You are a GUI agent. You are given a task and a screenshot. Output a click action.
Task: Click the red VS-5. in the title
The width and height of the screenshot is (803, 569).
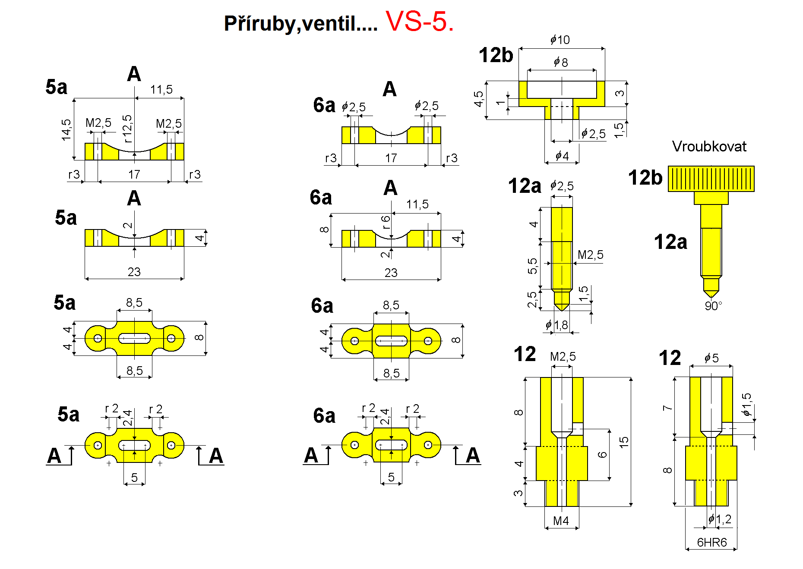[419, 21]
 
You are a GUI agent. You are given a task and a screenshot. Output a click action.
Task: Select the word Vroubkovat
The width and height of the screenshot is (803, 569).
[709, 146]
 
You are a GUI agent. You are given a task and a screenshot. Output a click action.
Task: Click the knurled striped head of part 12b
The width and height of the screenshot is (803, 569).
[711, 179]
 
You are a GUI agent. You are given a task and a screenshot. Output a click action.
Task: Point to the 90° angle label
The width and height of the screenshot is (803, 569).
[713, 306]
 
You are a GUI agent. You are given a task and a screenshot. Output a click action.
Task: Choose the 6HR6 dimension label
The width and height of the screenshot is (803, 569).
[711, 542]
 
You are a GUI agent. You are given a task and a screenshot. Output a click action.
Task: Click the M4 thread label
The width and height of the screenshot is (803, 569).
[561, 521]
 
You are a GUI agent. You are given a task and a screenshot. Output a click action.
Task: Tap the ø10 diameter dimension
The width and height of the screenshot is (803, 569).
[560, 40]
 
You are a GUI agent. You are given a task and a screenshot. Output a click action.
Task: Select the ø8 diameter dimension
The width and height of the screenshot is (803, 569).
[561, 62]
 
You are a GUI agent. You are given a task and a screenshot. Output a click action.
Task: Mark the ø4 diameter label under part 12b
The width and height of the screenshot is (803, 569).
[562, 155]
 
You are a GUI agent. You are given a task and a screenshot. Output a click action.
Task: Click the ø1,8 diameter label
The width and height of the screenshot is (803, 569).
[557, 325]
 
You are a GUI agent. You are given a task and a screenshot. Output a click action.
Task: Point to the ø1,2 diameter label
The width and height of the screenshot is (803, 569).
[720, 519]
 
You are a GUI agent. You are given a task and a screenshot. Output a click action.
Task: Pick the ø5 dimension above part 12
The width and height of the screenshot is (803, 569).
[711, 358]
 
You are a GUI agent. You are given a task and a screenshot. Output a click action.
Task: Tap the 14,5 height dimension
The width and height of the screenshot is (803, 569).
[66, 129]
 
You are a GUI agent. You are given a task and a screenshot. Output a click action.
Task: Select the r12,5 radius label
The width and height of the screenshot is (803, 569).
[127, 129]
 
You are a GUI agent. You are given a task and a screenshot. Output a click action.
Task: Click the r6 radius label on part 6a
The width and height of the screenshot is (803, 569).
[386, 222]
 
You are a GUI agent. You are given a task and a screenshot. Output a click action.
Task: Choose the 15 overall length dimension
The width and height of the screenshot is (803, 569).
[624, 442]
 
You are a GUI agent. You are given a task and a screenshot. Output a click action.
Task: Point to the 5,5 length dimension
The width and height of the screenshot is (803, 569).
[532, 266]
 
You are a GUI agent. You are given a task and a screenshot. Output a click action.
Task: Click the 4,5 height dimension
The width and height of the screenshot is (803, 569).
[478, 99]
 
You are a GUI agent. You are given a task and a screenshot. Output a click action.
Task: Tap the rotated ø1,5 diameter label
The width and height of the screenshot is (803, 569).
[746, 404]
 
